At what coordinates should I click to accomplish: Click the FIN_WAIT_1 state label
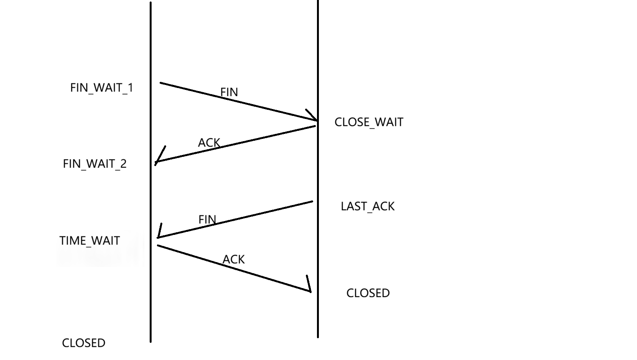tap(101, 88)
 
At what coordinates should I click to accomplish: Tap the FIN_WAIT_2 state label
tap(95, 164)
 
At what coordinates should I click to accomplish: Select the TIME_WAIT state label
tap(90, 241)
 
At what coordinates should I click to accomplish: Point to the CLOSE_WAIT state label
tap(369, 122)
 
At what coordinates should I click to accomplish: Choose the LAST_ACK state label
tap(367, 207)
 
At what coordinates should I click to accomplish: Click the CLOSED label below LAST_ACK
tap(368, 293)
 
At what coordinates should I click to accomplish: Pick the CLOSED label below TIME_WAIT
tap(83, 343)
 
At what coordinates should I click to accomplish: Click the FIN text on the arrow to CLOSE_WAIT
tap(229, 92)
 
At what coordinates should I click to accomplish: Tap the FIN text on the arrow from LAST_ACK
tap(207, 219)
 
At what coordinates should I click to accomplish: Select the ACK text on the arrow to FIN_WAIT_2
tap(209, 143)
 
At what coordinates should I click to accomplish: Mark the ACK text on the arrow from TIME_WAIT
tap(234, 259)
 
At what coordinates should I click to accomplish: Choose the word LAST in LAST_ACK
tap(350, 207)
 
